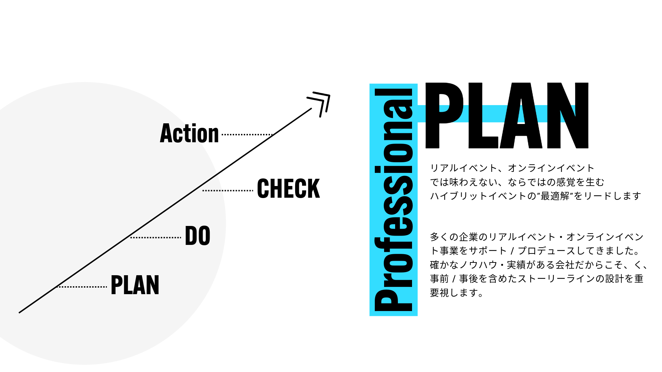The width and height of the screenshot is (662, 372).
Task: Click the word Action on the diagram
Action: [189, 133]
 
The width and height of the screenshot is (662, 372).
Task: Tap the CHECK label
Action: [289, 189]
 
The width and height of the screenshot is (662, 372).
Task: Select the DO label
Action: [198, 236]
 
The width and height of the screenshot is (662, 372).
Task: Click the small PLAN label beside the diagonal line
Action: [135, 285]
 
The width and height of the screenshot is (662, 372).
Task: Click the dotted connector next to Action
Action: [247, 135]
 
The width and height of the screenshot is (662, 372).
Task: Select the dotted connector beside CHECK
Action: [228, 190]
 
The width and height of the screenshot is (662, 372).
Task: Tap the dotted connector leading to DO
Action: [156, 238]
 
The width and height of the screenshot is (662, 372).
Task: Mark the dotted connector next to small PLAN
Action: [82, 287]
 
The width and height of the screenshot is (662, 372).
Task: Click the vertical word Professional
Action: [393, 200]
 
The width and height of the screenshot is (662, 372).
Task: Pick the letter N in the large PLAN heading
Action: [568, 115]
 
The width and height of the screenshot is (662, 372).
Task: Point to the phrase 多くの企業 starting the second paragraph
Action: [454, 237]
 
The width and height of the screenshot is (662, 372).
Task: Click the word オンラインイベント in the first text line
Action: [551, 168]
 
